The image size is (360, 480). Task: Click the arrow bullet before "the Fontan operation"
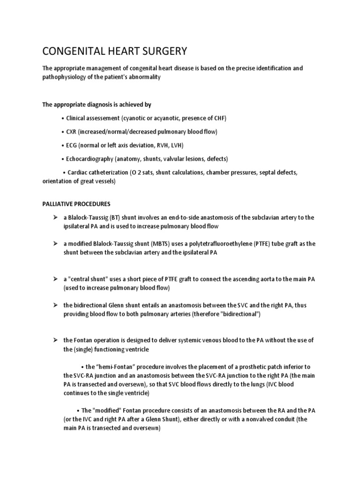pyautogui.click(x=55, y=340)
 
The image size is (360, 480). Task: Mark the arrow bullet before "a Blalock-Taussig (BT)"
pyautogui.click(x=55, y=217)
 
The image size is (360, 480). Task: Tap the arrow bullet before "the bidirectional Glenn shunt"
pyautogui.click(x=55, y=305)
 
